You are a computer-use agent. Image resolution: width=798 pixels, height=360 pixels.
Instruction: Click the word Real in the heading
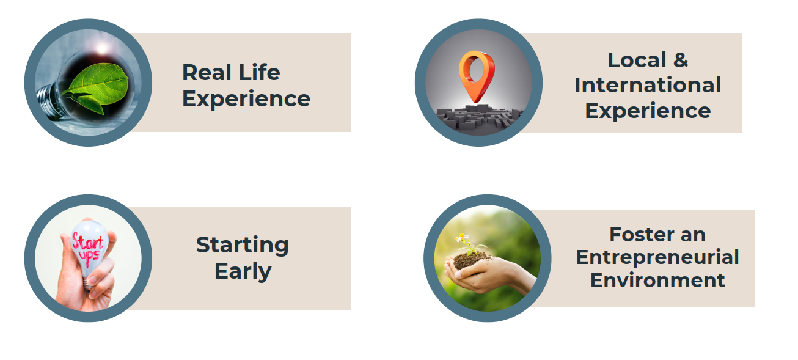click(207, 72)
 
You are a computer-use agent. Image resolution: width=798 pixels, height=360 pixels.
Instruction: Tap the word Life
click(259, 72)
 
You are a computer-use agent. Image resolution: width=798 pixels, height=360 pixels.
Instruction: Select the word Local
click(637, 60)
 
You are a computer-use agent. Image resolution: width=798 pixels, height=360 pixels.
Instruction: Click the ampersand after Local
click(681, 60)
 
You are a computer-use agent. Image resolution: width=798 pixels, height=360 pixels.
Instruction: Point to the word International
click(648, 85)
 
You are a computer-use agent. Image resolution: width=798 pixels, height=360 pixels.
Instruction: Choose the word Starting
click(242, 245)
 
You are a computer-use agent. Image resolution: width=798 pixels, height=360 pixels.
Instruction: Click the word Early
click(243, 271)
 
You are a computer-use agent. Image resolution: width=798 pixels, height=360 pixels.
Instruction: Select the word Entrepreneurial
click(657, 258)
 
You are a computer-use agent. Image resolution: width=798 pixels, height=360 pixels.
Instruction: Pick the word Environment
click(657, 281)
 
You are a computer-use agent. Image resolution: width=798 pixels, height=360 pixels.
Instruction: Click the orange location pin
click(477, 76)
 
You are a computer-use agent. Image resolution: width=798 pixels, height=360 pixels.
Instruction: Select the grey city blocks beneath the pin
click(479, 117)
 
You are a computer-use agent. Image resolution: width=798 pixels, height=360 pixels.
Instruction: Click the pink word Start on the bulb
click(87, 243)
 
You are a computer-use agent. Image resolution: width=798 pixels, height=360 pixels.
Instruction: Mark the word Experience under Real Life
click(246, 99)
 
